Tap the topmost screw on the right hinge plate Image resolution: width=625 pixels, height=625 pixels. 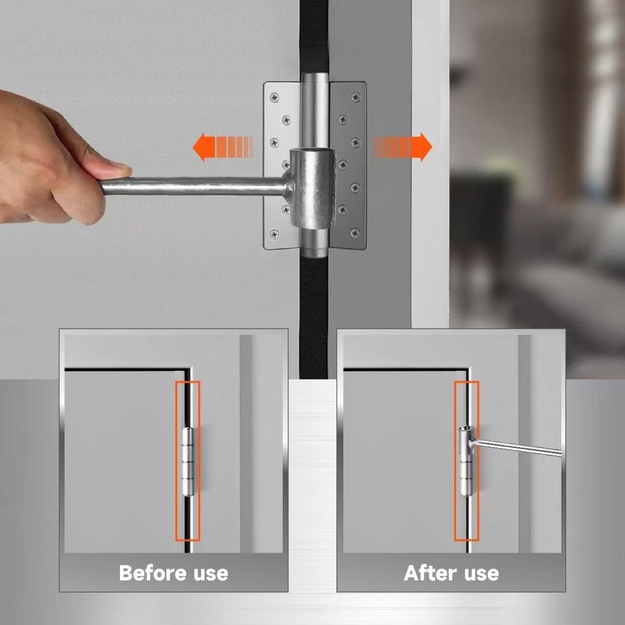click(x=355, y=97)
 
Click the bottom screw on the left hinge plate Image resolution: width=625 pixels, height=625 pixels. click(x=274, y=234)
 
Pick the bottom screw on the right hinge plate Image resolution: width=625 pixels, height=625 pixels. click(x=355, y=234)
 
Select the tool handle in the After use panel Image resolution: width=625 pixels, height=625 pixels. click(x=519, y=447)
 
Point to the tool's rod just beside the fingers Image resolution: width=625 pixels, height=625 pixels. click(x=144, y=186)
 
